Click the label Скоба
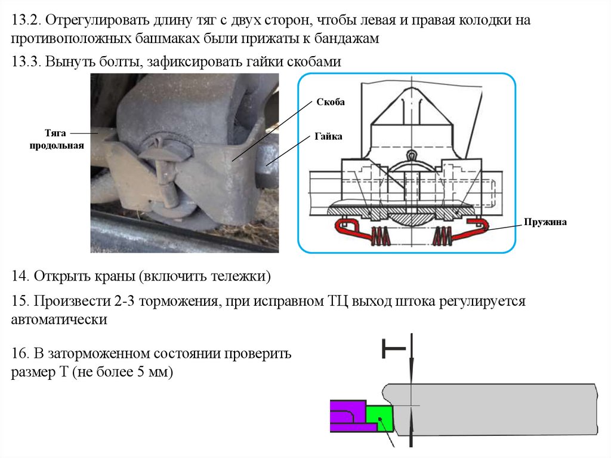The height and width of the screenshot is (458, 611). [331, 102]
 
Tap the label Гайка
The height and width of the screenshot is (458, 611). [329, 137]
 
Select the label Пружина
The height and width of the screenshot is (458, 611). [545, 222]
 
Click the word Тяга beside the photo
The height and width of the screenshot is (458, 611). [55, 133]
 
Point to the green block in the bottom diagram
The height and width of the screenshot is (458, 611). [379, 418]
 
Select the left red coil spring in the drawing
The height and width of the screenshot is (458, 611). [380, 236]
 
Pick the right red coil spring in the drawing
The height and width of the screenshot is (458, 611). [443, 236]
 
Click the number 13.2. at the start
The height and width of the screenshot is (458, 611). [26, 20]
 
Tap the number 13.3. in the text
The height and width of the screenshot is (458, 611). [26, 62]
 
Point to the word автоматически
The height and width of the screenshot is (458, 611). [59, 319]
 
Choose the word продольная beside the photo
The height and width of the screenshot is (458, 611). [57, 146]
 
